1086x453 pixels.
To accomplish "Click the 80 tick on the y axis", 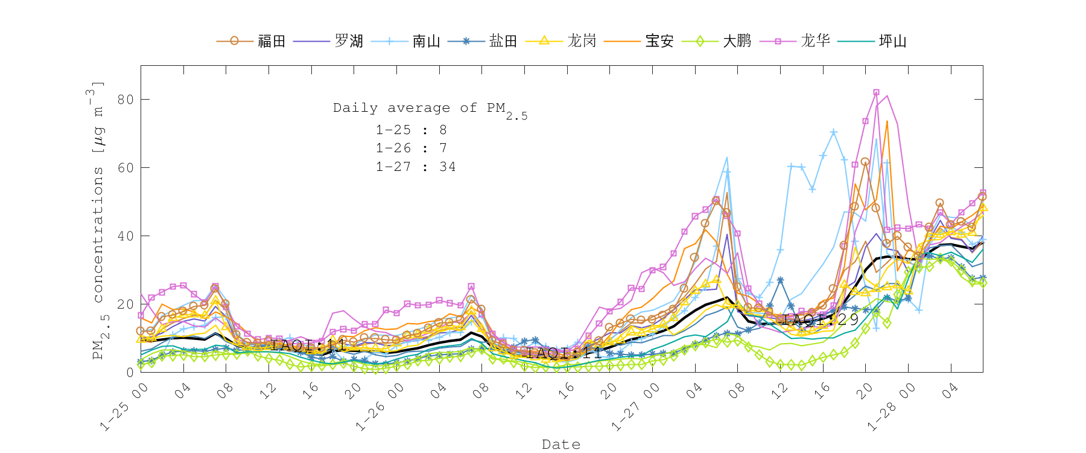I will pyautogui.click(x=125, y=99).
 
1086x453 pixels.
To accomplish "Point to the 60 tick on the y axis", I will pyautogui.click(x=125, y=167).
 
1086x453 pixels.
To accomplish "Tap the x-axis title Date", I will pyautogui.click(x=561, y=445).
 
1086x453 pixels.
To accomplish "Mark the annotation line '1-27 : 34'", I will pyautogui.click(x=416, y=167).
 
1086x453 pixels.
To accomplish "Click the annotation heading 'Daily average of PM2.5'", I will pyautogui.click(x=430, y=109).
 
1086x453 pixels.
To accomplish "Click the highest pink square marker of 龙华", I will pyautogui.click(x=876, y=92).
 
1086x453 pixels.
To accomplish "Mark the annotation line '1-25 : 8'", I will pyautogui.click(x=411, y=130).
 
